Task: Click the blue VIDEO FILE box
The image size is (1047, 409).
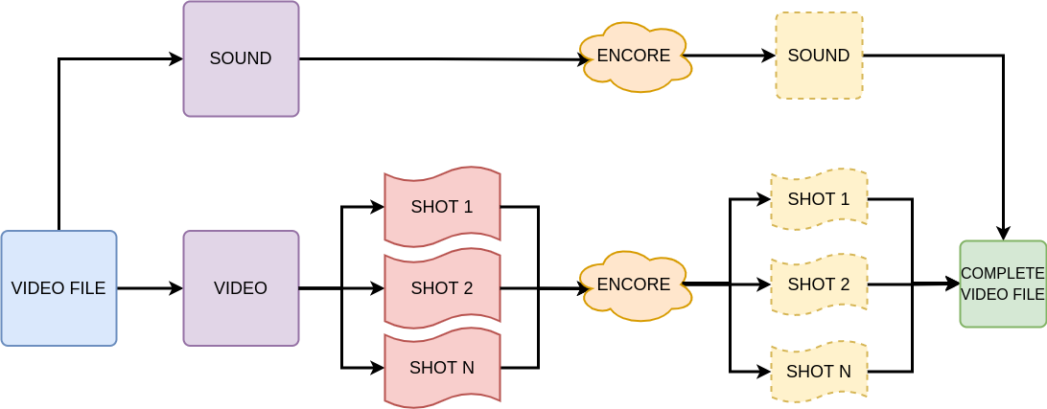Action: (x=58, y=287)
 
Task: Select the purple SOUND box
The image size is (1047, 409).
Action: (x=241, y=58)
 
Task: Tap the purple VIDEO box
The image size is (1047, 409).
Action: (x=241, y=287)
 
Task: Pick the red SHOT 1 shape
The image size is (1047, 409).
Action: (x=442, y=207)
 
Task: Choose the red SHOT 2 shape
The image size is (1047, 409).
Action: (x=442, y=287)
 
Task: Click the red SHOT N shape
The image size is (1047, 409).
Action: (x=442, y=367)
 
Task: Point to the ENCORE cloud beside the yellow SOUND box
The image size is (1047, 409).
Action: (x=634, y=56)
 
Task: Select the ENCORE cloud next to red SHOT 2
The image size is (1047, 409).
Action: (x=634, y=284)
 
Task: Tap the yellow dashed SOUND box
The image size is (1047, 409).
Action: (x=819, y=56)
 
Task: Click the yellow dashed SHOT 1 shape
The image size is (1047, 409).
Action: (x=819, y=199)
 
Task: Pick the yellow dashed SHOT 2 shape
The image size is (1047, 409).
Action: (x=819, y=284)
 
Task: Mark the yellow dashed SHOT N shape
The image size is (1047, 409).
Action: (x=819, y=371)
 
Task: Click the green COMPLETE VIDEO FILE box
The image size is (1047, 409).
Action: (x=1002, y=284)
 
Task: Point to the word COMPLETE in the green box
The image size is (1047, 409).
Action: (x=1002, y=274)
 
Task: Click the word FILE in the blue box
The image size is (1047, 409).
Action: (x=88, y=287)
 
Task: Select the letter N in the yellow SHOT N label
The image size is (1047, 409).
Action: (x=844, y=371)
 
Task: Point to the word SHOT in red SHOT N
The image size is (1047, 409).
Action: (x=430, y=367)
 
